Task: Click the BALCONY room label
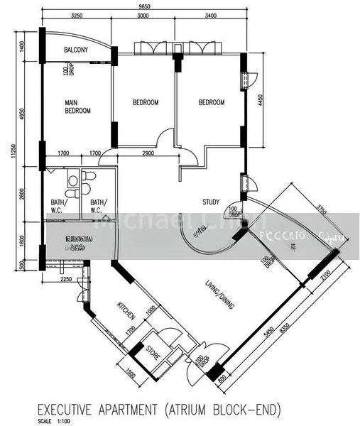[x=76, y=50]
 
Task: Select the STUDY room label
[x=210, y=201]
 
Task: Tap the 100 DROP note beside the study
[x=234, y=211]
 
